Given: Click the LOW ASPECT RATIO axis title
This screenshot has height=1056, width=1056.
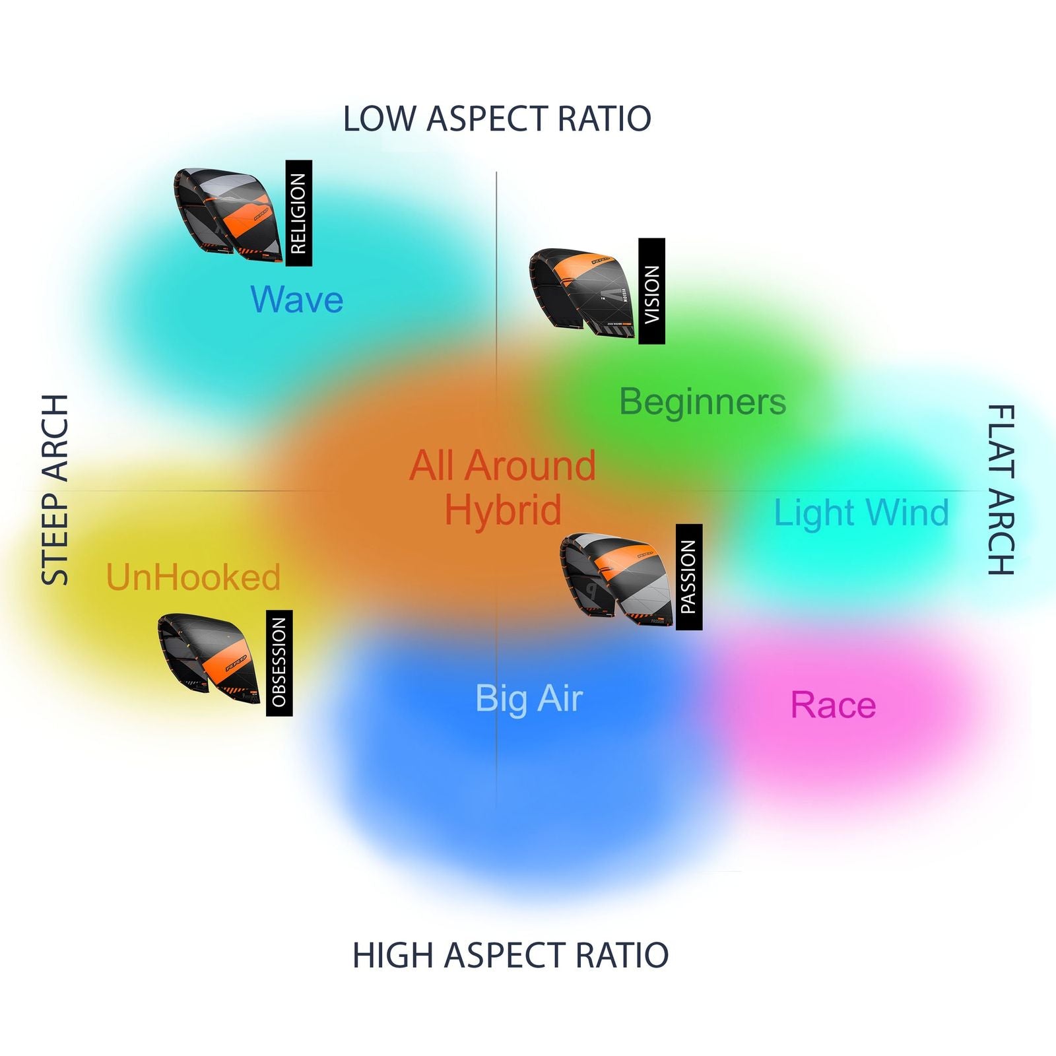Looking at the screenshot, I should tap(497, 119).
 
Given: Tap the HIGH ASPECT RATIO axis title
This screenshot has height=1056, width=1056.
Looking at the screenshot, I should tap(510, 955).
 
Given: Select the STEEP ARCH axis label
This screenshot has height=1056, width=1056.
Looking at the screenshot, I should tap(55, 490).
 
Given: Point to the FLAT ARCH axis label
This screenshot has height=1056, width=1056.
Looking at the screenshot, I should tap(1001, 490).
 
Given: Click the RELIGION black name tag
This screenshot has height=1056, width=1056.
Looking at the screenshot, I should tap(298, 213).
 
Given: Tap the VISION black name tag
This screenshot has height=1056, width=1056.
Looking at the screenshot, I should tap(651, 291).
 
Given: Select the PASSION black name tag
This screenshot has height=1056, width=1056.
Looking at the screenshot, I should tap(688, 577).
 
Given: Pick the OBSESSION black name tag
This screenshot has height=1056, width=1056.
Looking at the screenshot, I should tap(279, 663).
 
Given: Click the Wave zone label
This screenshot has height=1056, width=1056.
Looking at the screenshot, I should tap(297, 300).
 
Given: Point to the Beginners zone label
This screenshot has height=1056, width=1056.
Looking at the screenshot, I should tap(703, 402).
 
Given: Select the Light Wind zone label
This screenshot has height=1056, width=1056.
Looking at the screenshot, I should tap(861, 513).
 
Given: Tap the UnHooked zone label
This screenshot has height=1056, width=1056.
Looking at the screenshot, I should tap(193, 577).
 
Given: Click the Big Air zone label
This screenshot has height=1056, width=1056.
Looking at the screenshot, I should tap(529, 699).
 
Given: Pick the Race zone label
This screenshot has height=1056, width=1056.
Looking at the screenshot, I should tap(833, 705).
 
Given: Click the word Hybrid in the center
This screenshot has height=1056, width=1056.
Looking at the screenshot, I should tap(503, 510).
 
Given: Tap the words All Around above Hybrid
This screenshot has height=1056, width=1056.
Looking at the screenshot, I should tap(503, 465).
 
